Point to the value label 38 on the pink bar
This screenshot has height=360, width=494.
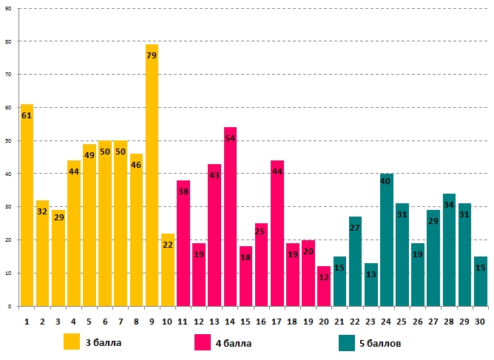point(183,191)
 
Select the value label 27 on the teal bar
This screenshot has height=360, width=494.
point(355,227)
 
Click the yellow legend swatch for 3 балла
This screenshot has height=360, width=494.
point(72,342)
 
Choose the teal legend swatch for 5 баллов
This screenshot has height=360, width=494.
point(348,342)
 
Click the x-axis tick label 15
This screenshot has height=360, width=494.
point(246,322)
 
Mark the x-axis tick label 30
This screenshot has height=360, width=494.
point(480,322)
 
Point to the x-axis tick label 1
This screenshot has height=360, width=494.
point(27,322)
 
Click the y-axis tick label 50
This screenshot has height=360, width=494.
point(8,140)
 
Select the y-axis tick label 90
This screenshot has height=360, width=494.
point(8,8)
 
